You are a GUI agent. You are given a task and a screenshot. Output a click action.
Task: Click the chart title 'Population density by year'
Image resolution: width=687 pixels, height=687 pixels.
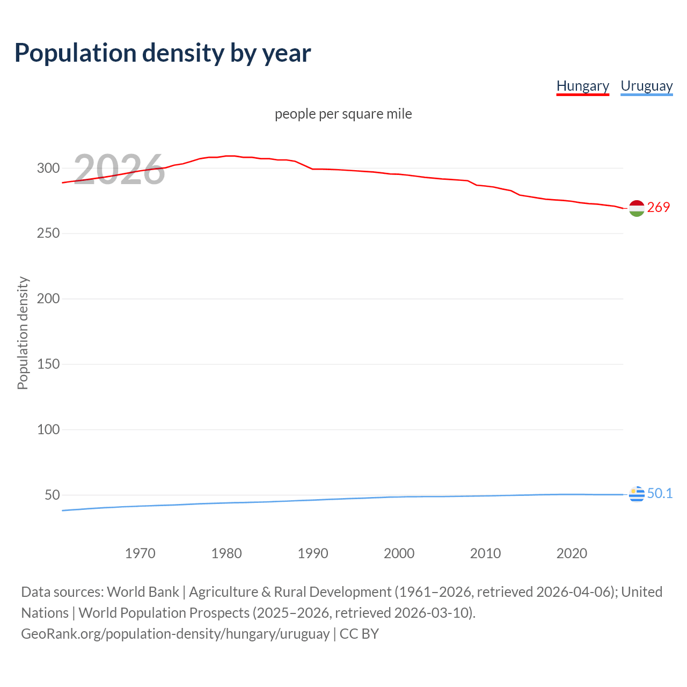(x=163, y=53)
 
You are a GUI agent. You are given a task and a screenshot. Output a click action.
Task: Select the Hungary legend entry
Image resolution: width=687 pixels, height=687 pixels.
(x=582, y=86)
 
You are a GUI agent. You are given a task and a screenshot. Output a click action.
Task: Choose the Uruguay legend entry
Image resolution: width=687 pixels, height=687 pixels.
(x=646, y=86)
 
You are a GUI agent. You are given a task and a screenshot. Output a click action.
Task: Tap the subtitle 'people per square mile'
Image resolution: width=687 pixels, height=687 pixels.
(x=343, y=114)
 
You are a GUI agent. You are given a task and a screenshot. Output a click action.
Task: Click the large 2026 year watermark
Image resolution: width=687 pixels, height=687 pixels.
(x=119, y=170)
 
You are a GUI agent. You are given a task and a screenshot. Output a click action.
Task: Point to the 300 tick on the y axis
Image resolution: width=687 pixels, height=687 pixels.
(x=48, y=168)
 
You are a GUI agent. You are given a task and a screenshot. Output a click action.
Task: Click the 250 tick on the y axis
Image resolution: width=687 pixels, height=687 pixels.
(x=48, y=233)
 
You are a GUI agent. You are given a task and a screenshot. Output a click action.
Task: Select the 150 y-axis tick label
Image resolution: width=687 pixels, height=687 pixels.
(x=48, y=364)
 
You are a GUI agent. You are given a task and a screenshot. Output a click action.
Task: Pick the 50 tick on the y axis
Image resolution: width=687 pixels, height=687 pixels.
(x=52, y=495)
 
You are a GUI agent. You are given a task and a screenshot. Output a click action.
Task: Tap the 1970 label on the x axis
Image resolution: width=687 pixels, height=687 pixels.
(x=140, y=553)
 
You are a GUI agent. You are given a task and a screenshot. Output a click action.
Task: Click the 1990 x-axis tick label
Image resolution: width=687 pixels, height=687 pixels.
(x=313, y=553)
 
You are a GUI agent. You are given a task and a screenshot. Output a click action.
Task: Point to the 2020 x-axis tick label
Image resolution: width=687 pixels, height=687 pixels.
(x=572, y=553)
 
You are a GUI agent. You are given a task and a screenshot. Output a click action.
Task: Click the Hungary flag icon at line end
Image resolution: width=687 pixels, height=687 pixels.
(x=637, y=208)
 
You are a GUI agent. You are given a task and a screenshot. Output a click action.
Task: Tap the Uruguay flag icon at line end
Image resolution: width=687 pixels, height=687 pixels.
(x=637, y=494)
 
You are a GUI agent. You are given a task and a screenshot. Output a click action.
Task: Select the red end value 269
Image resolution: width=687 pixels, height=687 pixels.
(x=659, y=207)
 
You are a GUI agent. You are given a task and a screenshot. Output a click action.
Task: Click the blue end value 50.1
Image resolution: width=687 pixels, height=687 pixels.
(x=660, y=493)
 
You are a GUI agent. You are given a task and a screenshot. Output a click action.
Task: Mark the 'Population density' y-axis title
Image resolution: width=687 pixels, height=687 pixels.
(x=23, y=333)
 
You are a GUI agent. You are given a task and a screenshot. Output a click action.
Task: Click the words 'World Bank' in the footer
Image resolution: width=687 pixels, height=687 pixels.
(x=143, y=592)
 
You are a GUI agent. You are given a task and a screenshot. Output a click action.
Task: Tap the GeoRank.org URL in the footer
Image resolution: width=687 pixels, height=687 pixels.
(x=175, y=634)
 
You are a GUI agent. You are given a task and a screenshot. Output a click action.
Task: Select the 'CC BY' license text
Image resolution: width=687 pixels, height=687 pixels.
(x=359, y=634)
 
